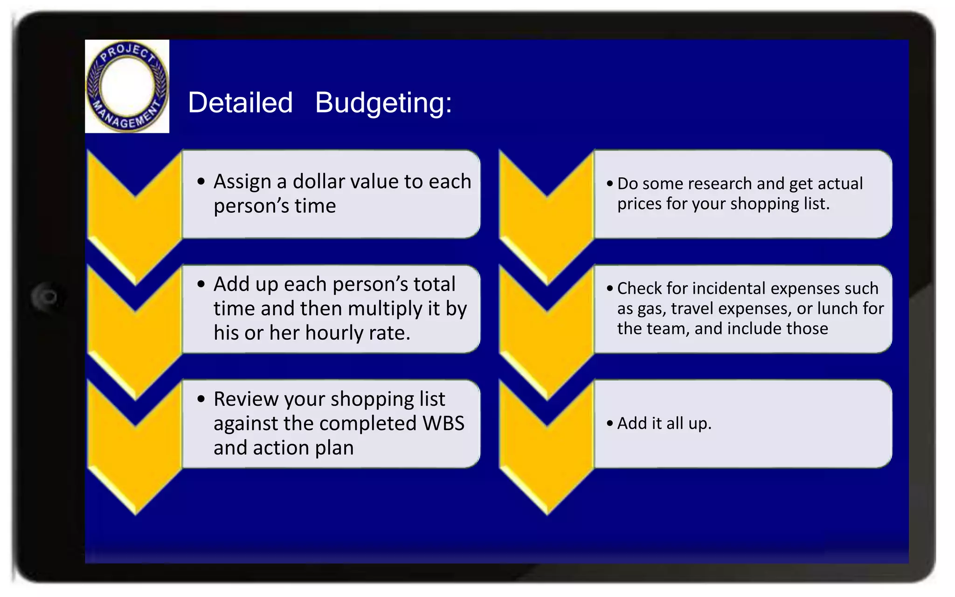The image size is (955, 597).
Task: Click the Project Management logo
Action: (x=127, y=86)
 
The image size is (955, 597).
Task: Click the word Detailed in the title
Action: (x=240, y=103)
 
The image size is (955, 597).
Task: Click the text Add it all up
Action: (x=664, y=423)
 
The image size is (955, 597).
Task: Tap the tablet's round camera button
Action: (x=47, y=297)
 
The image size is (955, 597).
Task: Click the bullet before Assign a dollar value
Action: (x=201, y=181)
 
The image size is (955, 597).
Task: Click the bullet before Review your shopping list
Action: (x=201, y=399)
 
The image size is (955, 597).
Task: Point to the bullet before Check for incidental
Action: (x=610, y=289)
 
